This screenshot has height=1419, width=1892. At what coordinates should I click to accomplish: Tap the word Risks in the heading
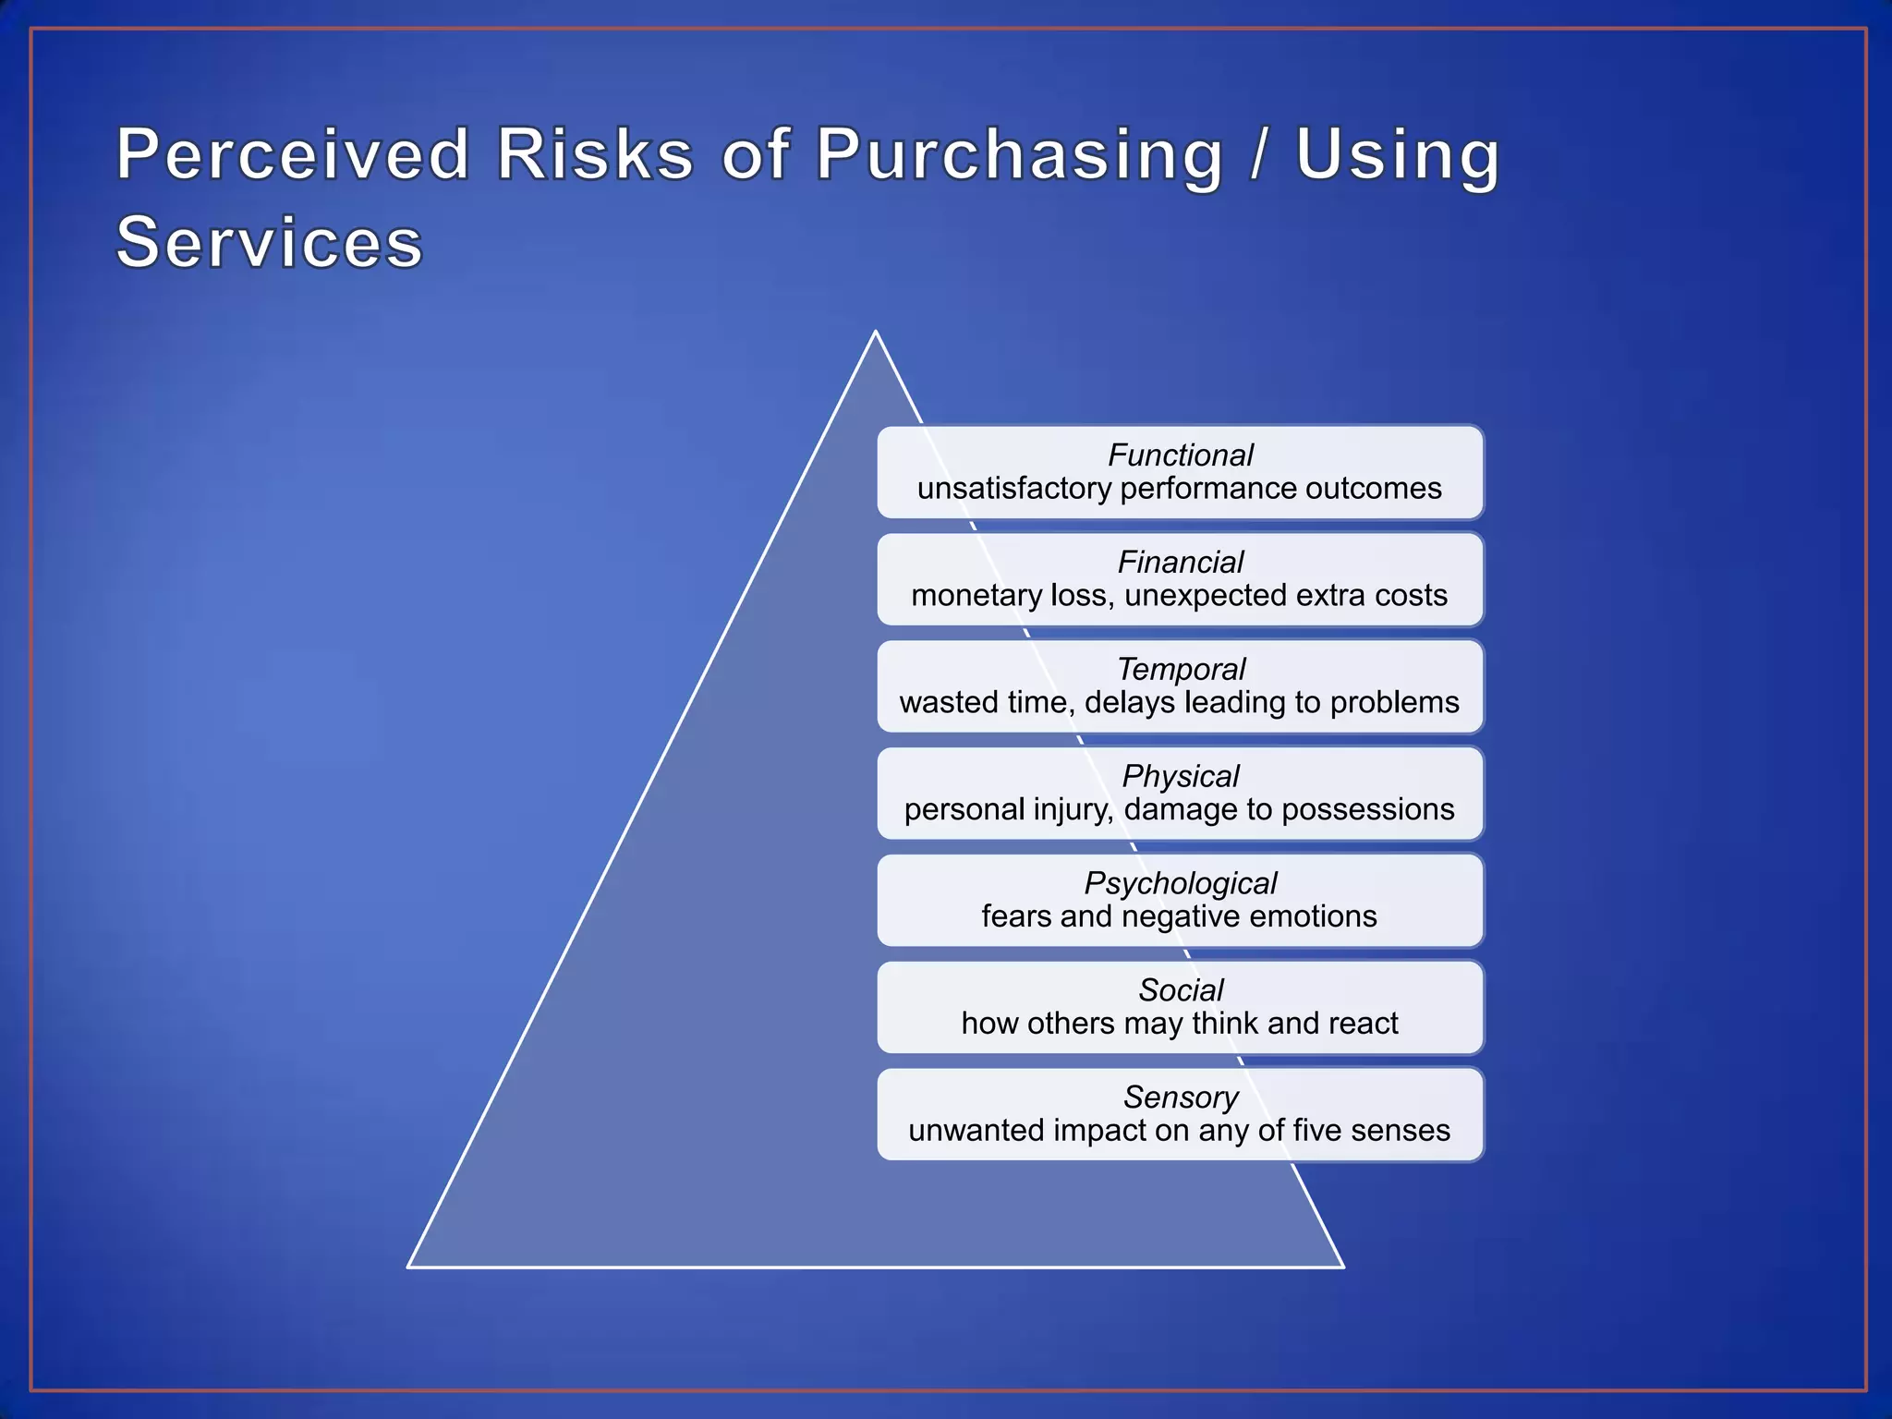tap(595, 154)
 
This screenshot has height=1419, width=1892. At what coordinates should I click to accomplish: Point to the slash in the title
tap(1258, 154)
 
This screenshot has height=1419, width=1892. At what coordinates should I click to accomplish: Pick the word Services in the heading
tap(269, 242)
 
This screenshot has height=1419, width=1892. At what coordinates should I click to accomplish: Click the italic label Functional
tap(1180, 455)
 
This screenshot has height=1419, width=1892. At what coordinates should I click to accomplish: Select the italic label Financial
tap(1180, 562)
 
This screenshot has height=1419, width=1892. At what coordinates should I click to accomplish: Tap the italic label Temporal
tap(1180, 669)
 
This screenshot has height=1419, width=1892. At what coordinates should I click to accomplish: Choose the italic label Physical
tap(1180, 776)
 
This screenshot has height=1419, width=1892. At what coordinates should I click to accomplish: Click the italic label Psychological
tap(1180, 883)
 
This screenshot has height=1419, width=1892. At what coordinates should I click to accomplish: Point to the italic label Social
tap(1180, 990)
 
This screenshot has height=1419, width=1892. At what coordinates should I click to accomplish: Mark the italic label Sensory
tap(1180, 1098)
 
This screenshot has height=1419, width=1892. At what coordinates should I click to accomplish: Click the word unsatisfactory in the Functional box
tap(1014, 489)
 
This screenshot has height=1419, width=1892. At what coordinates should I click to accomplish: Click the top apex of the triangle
tap(875, 332)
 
